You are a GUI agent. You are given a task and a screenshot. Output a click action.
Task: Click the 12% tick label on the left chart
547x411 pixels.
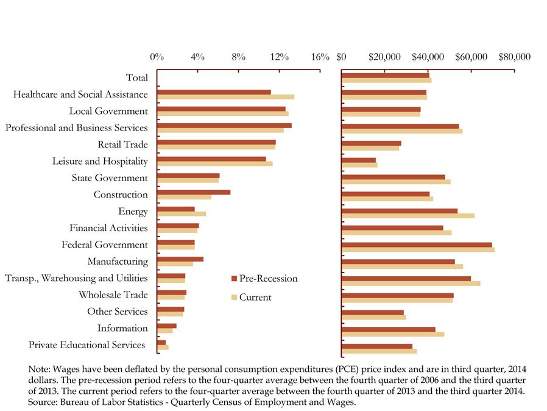(280, 57)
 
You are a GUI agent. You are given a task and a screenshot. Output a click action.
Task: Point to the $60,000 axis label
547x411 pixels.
(471, 57)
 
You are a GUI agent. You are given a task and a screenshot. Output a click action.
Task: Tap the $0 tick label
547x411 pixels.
(341, 57)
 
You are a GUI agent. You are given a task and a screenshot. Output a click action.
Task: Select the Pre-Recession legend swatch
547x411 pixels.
(234, 278)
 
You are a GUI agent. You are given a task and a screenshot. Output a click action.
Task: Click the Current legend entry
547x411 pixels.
(251, 297)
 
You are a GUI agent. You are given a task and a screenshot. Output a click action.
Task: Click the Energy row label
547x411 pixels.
(133, 211)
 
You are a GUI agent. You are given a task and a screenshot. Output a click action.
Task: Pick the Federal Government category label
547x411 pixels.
(105, 245)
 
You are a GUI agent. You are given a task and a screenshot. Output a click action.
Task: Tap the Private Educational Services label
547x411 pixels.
(86, 345)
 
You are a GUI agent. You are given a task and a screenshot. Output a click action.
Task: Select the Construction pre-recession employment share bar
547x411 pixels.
(194, 193)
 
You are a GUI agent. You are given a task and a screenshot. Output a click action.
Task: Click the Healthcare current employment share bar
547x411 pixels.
(226, 97)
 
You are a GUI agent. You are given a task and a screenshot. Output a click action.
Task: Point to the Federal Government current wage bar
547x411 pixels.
(418, 249)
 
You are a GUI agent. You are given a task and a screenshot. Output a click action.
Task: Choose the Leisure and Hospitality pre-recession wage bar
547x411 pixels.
(359, 160)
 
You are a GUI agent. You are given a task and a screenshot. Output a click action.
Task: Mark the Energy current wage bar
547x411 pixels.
(408, 216)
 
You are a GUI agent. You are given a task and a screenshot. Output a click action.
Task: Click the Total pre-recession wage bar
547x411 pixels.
(386, 76)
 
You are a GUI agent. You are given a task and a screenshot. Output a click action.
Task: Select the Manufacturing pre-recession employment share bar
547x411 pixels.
(180, 259)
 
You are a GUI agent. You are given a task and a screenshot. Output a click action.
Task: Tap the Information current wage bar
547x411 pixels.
(393, 334)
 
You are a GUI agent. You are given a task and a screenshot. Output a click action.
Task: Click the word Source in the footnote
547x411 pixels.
(42, 402)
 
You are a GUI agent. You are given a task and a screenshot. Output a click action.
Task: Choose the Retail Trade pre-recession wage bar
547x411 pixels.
(372, 143)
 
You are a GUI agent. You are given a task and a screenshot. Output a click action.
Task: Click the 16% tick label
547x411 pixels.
(320, 57)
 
